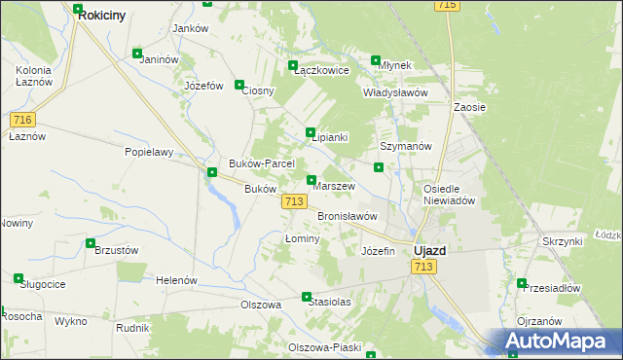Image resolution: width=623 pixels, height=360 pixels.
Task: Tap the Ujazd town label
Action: pos(429,250)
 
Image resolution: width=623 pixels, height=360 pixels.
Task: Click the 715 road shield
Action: pos(448,6)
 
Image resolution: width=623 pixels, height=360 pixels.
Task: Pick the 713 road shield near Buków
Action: pos(296,201)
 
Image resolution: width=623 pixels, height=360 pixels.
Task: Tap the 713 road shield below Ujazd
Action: pos(423,267)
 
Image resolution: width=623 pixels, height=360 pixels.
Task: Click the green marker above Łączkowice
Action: pos(293,66)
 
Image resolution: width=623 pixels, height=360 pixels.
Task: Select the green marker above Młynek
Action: pos(377,60)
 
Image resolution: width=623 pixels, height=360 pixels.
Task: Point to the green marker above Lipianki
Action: pos(311,132)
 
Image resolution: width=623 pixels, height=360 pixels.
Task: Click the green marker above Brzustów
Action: pos(91,243)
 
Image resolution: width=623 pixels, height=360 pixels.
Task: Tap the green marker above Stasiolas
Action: pos(307,297)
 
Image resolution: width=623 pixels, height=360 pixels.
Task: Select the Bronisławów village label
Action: pos(347,216)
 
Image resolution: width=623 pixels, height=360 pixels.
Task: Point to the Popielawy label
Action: pos(149,152)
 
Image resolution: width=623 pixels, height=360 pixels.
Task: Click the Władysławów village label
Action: pos(395,92)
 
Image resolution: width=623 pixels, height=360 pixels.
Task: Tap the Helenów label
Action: pos(176,280)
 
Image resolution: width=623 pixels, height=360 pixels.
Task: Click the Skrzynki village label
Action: pos(563,240)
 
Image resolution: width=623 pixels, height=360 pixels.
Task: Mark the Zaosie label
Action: pos(469,107)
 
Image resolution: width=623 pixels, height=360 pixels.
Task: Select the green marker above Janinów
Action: pos(137,54)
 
